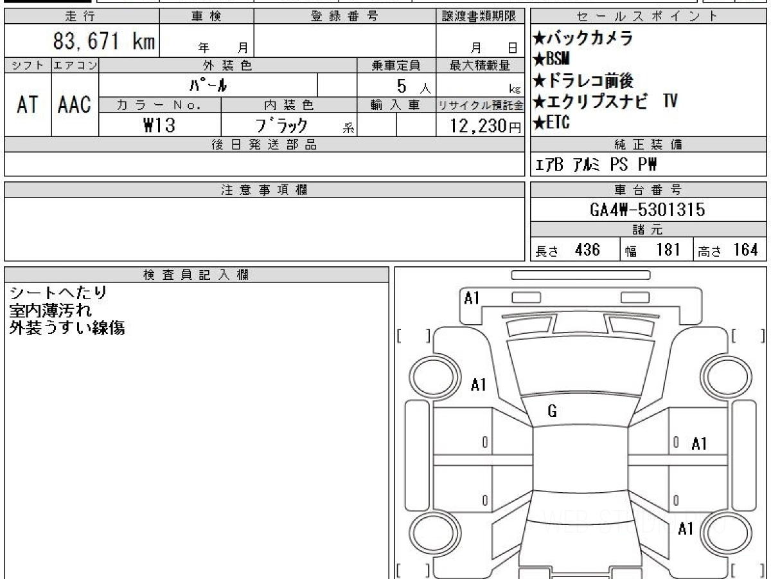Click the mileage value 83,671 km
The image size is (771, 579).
[x=104, y=41]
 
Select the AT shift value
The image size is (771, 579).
[x=28, y=104]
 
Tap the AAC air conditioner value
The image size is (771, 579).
[x=75, y=104]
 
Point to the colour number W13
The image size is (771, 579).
[x=159, y=125]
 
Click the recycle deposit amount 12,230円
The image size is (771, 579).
[x=486, y=126]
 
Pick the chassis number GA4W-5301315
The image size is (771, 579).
[x=648, y=210]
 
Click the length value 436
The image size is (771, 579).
[x=587, y=250]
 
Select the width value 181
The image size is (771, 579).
[x=668, y=250]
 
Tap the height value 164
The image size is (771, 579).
[x=745, y=250]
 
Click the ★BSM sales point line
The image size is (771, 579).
[x=551, y=59]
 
